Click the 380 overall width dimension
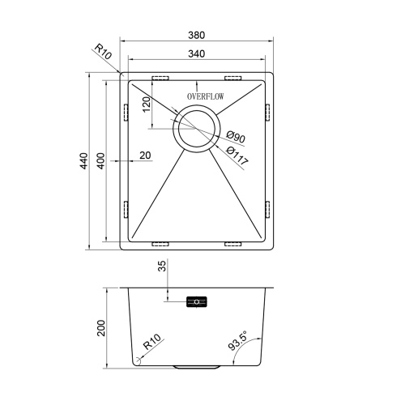tap(197, 35)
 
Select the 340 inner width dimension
tap(197, 53)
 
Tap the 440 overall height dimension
tap(84, 161)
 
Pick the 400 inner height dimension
tap(100, 161)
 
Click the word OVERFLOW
tap(206, 96)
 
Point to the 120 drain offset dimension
tap(146, 104)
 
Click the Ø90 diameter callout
tap(236, 137)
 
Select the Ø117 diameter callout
tap(237, 156)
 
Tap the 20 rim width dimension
tap(145, 156)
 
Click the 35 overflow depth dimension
tap(162, 266)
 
